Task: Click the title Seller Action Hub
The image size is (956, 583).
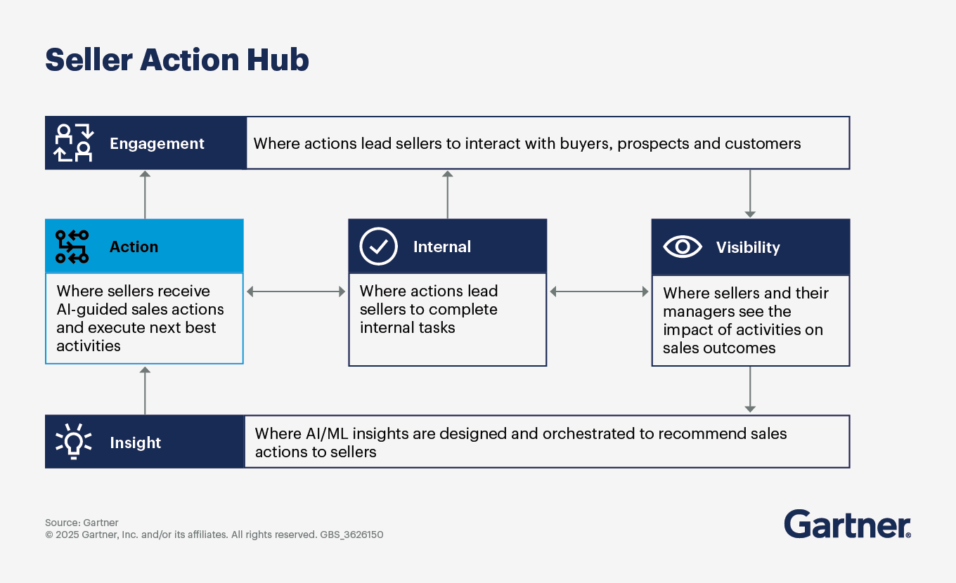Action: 176,60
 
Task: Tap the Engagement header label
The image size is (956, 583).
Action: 157,144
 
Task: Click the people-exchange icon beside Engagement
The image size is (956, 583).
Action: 74,143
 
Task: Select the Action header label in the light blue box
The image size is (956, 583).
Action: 134,247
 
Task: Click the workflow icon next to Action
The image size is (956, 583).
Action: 72,247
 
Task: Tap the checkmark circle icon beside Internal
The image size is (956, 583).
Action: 378,247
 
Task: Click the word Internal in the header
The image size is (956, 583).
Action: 441,247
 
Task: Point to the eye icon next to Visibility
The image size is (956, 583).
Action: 682,247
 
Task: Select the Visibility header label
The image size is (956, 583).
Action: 748,247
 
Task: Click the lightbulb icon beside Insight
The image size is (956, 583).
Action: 73,441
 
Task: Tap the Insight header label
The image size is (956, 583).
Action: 135,443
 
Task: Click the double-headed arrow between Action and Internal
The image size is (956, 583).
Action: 296,291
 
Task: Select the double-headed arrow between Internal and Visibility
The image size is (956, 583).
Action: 599,291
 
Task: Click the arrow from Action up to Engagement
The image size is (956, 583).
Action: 145,195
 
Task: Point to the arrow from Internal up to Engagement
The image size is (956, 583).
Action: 447,195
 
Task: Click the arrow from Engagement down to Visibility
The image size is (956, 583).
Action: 750,194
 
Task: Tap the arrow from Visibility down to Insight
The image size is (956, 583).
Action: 750,389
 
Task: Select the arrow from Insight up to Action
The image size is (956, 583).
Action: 145,391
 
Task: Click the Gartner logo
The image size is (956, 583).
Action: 847,524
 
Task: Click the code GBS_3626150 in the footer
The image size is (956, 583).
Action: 351,535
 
